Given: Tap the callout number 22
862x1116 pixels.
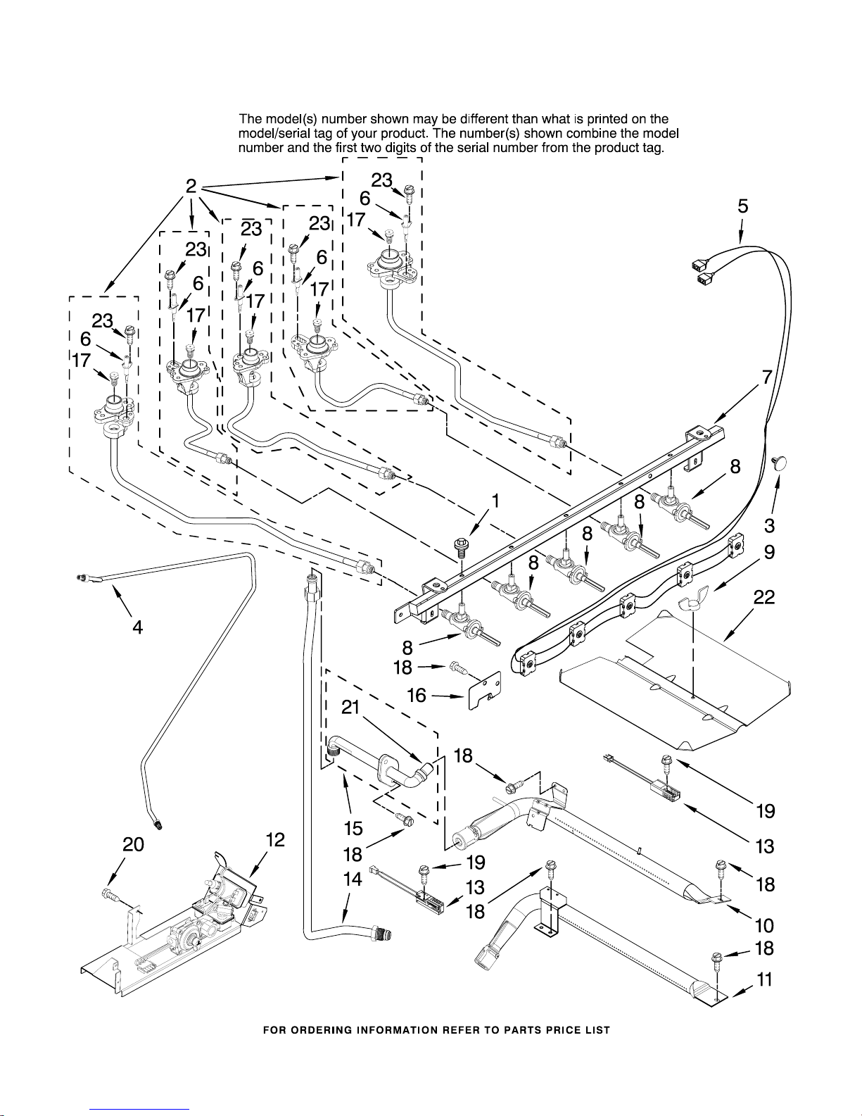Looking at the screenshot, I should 764,598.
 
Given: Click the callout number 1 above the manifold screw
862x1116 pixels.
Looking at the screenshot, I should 496,501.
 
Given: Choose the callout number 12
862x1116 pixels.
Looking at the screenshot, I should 276,840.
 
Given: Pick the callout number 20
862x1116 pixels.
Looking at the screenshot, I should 134,845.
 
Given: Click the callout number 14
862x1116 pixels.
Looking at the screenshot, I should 353,879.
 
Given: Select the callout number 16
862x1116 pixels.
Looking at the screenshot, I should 417,696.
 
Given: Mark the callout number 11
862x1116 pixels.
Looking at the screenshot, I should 765,979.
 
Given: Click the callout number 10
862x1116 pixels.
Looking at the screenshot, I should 764,925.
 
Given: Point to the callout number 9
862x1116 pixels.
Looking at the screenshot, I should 770,553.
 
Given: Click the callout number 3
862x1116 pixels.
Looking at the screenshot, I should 770,525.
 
